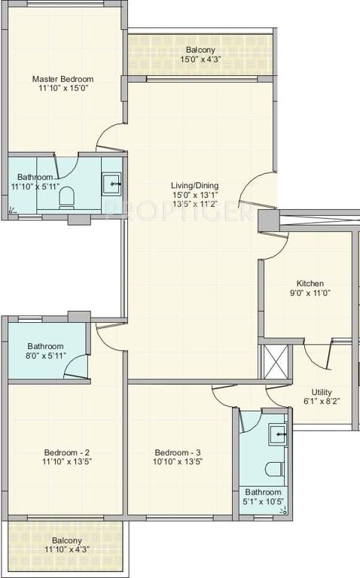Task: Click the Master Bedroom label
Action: click(63, 79)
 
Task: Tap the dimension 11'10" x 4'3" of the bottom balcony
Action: click(67, 551)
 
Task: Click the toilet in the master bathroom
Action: click(67, 197)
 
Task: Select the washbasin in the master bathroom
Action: click(112, 182)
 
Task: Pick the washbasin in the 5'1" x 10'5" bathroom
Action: click(278, 433)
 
